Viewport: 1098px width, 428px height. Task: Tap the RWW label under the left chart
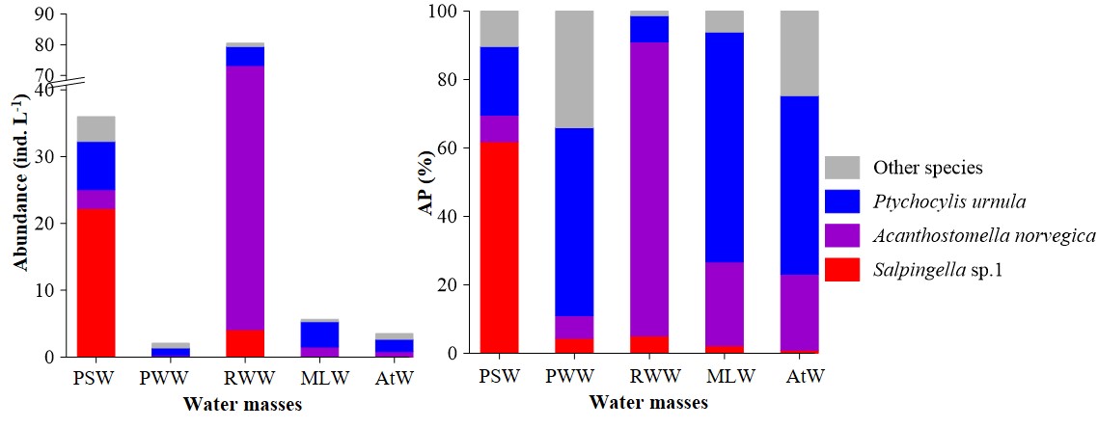coord(244,379)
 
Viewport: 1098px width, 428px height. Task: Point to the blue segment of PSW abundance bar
coord(96,166)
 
